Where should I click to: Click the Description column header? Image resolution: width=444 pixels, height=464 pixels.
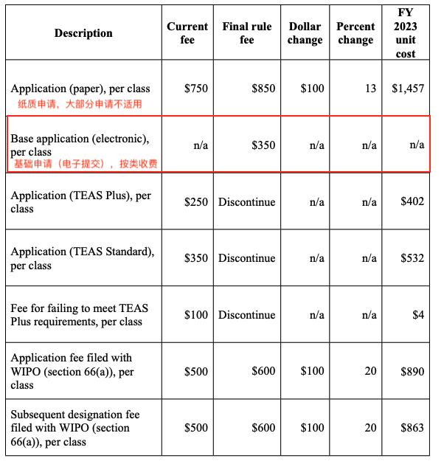coord(83,33)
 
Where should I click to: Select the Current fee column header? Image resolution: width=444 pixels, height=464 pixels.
coord(187,33)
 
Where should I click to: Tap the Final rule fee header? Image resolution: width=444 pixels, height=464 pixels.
coord(246,33)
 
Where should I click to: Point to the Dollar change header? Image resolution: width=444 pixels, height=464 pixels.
coord(305,33)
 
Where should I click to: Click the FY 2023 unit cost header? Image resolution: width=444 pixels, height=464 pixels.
coord(405,33)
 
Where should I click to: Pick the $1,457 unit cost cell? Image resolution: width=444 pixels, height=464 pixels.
coord(408,89)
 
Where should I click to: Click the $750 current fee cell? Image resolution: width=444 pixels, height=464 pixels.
coord(195,89)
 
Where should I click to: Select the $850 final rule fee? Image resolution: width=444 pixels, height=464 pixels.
coord(263,89)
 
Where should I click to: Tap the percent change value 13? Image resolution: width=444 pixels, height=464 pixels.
coord(370,89)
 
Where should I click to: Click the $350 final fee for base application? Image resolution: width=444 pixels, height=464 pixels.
coord(263,145)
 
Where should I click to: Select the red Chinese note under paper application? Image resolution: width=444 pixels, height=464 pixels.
coord(80,104)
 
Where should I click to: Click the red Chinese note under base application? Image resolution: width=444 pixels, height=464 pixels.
coord(86,163)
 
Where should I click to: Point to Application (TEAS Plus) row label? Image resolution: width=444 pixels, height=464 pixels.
coord(80,202)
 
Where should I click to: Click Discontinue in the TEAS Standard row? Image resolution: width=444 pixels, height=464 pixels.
coord(246,258)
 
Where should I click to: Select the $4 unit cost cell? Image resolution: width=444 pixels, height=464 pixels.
coord(418,315)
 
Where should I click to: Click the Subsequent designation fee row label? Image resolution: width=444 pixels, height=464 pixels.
coord(74,428)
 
